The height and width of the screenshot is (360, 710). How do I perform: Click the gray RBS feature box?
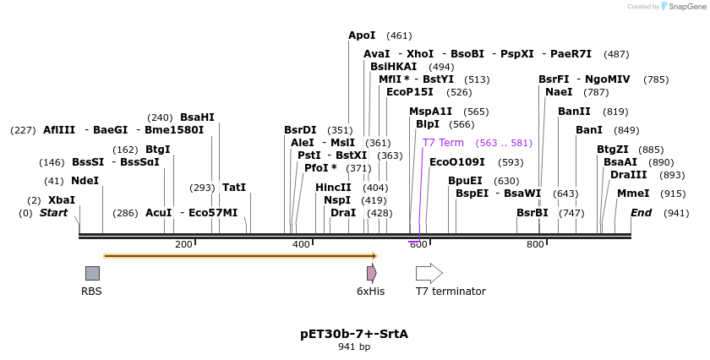tap(92, 273)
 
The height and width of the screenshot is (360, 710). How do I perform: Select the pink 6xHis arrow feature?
tap(371, 273)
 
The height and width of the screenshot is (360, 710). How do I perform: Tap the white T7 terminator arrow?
tap(429, 273)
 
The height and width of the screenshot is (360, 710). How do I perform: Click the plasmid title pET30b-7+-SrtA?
tap(354, 334)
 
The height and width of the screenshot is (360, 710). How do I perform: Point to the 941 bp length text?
tap(354, 346)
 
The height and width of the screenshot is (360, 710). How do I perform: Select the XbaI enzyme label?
tap(61, 200)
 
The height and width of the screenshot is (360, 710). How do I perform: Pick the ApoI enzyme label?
tap(362, 35)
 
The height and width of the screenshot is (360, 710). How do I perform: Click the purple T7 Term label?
tap(443, 143)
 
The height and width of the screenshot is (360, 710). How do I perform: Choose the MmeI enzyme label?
tap(633, 194)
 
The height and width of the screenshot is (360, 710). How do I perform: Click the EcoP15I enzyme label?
tap(410, 92)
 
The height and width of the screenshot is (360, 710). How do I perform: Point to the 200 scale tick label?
tap(183, 245)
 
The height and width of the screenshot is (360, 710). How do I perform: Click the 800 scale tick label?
tap(535, 245)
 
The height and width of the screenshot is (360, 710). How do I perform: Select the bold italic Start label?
tap(53, 213)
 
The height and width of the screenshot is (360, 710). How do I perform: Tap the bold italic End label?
tap(641, 213)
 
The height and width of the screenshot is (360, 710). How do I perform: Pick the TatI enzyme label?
tap(234, 188)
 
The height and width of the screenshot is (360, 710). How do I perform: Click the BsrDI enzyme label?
tap(300, 130)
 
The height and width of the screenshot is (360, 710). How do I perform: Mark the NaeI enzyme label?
tap(559, 92)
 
